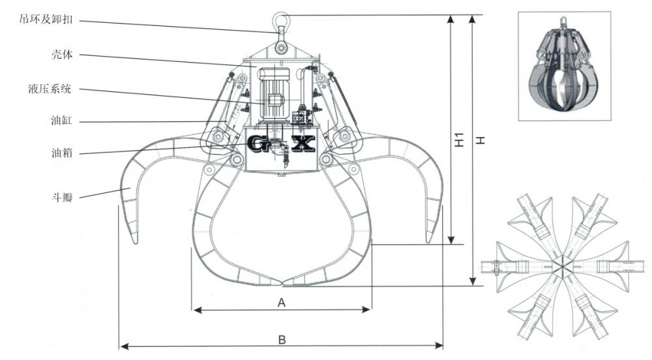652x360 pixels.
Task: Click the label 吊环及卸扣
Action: coord(46,20)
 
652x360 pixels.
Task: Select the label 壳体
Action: coord(61,55)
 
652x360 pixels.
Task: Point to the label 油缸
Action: coord(61,121)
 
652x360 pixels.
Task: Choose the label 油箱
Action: coord(61,154)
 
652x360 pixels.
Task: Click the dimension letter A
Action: coord(282,303)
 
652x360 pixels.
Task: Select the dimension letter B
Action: coord(282,339)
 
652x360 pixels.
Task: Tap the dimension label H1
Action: coord(459,140)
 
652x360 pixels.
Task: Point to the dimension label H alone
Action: coord(481,140)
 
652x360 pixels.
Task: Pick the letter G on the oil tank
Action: coord(259,143)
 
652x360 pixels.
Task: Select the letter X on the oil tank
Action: coord(303,143)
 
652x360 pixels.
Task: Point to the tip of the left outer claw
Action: coord(135,242)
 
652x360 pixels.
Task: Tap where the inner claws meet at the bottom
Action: coord(281,284)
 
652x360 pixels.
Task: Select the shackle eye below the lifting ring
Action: coord(281,47)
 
